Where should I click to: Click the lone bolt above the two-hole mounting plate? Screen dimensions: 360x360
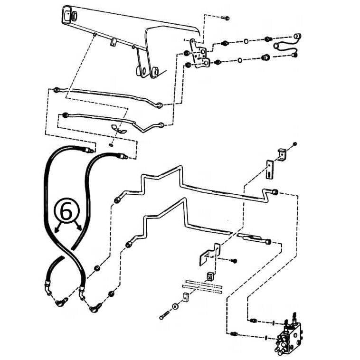pos(225,18)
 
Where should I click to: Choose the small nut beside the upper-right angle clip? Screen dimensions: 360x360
pos(295,143)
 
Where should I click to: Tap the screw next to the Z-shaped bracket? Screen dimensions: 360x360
pos(233,261)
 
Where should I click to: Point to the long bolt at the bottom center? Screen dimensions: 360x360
pos(164,315)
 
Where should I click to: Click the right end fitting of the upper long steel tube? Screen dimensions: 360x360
pos(274,192)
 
